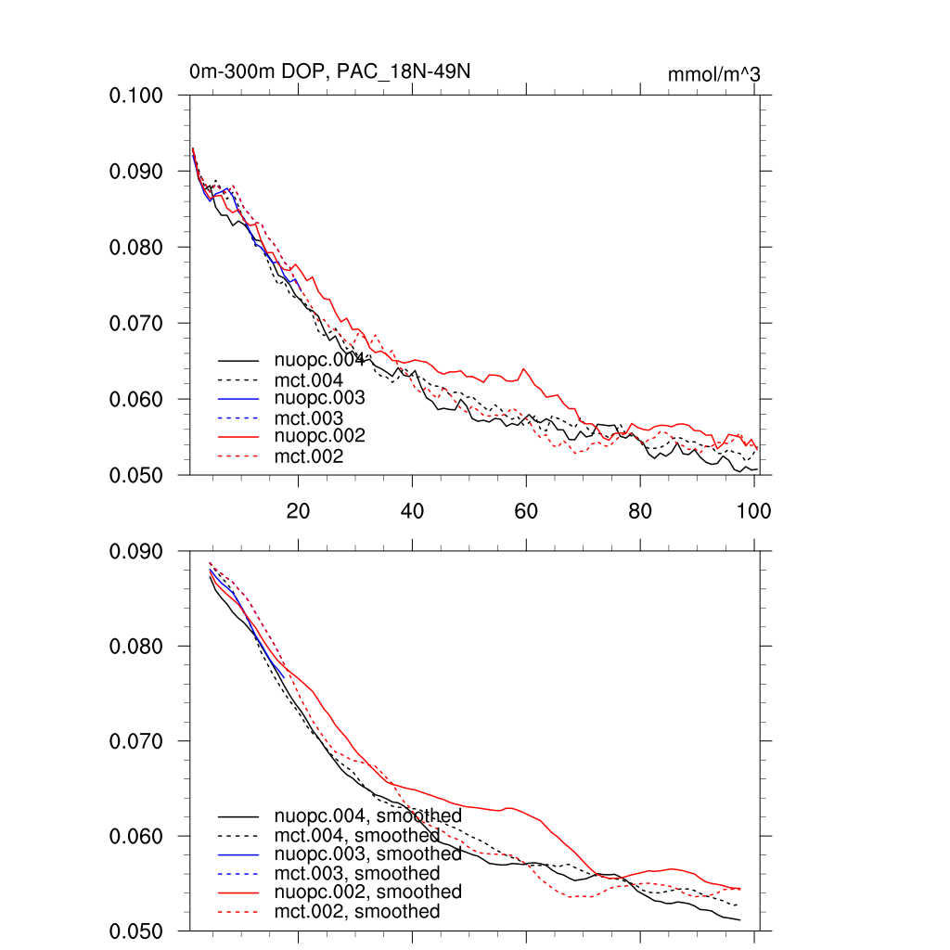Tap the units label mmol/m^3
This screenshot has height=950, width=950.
coord(713,74)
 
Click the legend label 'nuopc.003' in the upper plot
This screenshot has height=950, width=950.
coord(319,398)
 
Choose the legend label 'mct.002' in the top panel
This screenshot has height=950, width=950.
coord(309,456)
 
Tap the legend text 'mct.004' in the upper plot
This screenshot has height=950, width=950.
coord(309,379)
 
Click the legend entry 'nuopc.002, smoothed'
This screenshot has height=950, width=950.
coord(367,892)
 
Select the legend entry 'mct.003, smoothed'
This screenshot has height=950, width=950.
coord(357,873)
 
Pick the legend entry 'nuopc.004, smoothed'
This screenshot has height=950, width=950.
coord(367,816)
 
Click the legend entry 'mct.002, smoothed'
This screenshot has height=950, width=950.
coord(357,912)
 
